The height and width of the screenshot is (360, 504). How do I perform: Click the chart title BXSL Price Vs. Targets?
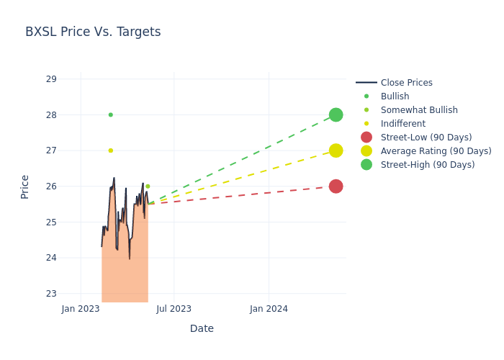93,32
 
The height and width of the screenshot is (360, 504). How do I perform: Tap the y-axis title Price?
25,186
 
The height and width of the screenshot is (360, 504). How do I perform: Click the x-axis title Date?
202,328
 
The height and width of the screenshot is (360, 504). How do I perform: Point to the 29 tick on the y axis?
51,79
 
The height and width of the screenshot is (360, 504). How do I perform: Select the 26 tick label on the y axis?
51,186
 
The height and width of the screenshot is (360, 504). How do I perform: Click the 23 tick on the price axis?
51,294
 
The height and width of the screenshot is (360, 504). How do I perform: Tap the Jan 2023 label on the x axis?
81,309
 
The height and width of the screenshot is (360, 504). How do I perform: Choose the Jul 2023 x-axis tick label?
174,309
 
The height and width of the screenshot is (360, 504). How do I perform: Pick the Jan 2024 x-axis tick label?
269,309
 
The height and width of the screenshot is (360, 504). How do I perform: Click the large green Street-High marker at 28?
336,115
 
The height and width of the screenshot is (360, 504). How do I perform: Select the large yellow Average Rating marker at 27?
336,150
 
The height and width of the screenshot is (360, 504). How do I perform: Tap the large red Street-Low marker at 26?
336,186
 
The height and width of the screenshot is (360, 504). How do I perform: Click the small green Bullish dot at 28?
110,115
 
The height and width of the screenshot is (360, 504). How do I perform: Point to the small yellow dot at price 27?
110,150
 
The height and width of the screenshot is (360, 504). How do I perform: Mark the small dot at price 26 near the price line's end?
148,186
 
